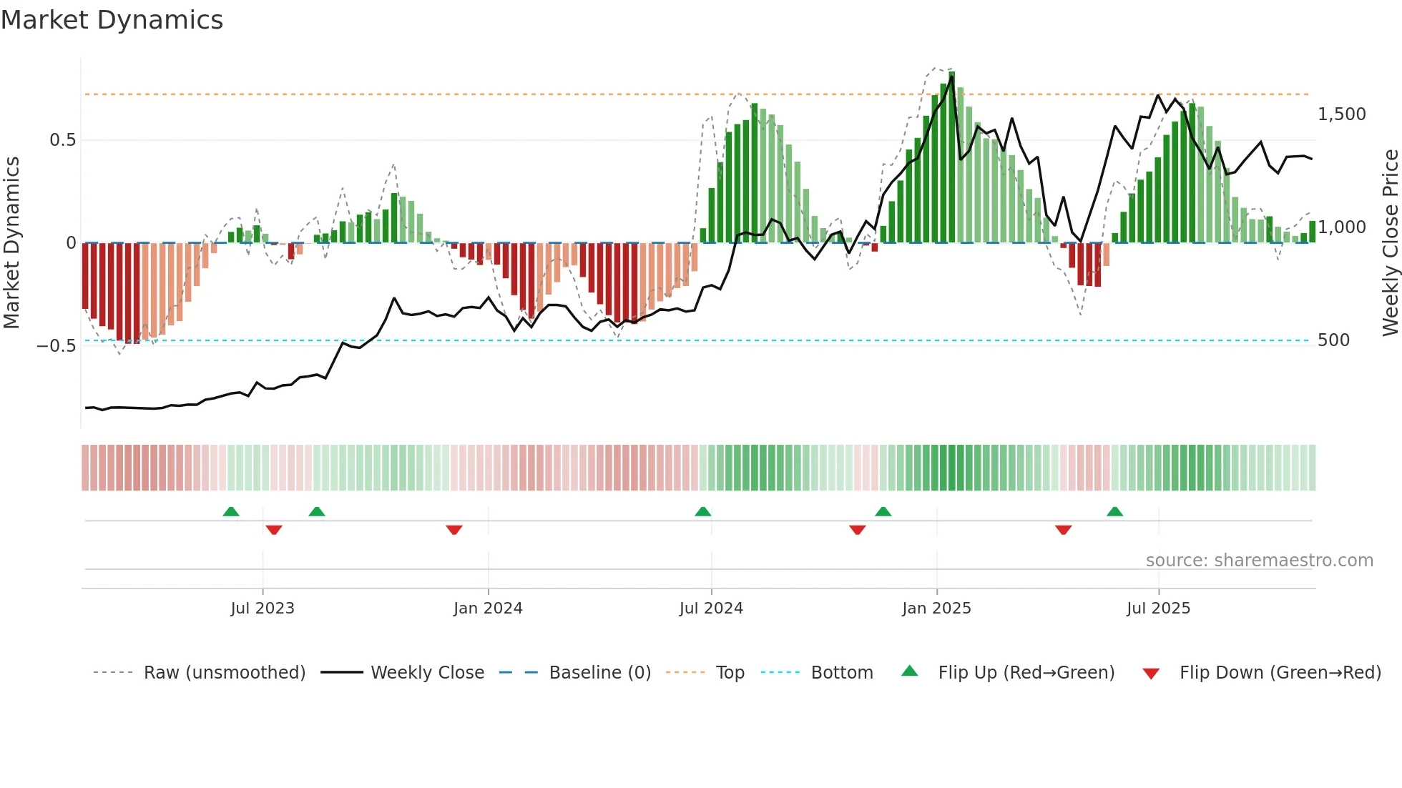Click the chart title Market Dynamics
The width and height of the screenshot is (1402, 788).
coord(112,20)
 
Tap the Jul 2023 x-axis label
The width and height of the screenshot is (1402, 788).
coord(263,609)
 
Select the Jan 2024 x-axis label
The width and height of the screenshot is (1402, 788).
coord(488,609)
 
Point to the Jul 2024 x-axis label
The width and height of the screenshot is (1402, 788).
coord(711,609)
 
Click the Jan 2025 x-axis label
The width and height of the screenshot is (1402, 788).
coord(936,609)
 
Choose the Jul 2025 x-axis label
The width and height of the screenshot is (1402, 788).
coord(1158,609)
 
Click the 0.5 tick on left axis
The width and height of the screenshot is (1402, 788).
coord(62,140)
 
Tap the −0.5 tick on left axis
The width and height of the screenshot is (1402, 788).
coord(56,346)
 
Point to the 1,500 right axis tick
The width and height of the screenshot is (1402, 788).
coord(1341,114)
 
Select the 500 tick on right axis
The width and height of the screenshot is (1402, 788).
coord(1333,340)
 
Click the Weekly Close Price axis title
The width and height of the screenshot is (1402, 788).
coord(1390,242)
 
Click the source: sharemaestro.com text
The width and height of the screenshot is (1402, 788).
coord(1259,561)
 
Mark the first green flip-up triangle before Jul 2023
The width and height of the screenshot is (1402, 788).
coord(231,511)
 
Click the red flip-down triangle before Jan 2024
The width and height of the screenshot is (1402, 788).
coord(454,530)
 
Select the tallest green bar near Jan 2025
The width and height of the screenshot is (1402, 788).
coord(951,157)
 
